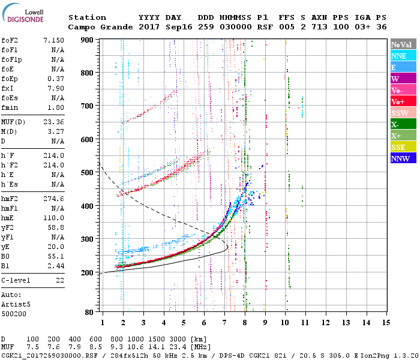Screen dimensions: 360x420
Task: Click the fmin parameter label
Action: coord(10,107)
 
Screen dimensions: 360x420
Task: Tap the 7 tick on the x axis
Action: coord(224,323)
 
